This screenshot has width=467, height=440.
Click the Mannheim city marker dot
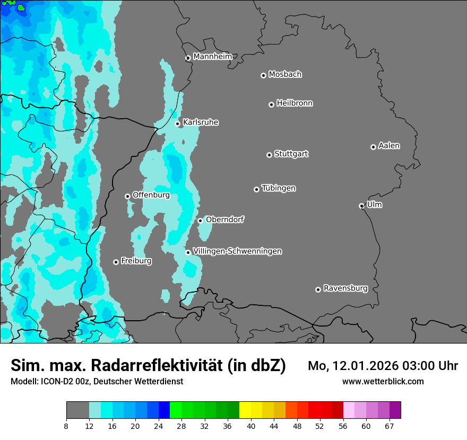tap(188, 58)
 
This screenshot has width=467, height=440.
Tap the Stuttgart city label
tap(291, 154)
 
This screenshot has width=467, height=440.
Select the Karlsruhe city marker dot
tap(178, 124)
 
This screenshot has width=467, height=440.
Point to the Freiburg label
tap(136, 261)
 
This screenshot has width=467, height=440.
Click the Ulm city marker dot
tap(362, 206)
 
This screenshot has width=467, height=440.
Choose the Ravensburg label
tap(345, 288)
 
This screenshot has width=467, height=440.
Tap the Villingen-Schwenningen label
tap(237, 251)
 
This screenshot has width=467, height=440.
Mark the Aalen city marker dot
tap(374, 147)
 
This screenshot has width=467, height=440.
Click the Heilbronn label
tap(295, 103)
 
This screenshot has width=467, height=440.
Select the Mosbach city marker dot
tap(263, 75)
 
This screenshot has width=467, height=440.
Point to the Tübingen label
tap(279, 188)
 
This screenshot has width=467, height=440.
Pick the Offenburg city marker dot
tap(127, 196)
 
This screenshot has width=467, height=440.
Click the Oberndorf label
tap(225, 219)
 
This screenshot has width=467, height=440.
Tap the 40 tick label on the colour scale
tap(250, 426)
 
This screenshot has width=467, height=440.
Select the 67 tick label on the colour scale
tap(390, 426)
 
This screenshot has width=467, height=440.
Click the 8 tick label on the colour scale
tap(66, 426)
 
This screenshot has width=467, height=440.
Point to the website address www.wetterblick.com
tap(383, 381)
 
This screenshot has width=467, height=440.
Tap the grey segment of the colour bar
tap(77, 410)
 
